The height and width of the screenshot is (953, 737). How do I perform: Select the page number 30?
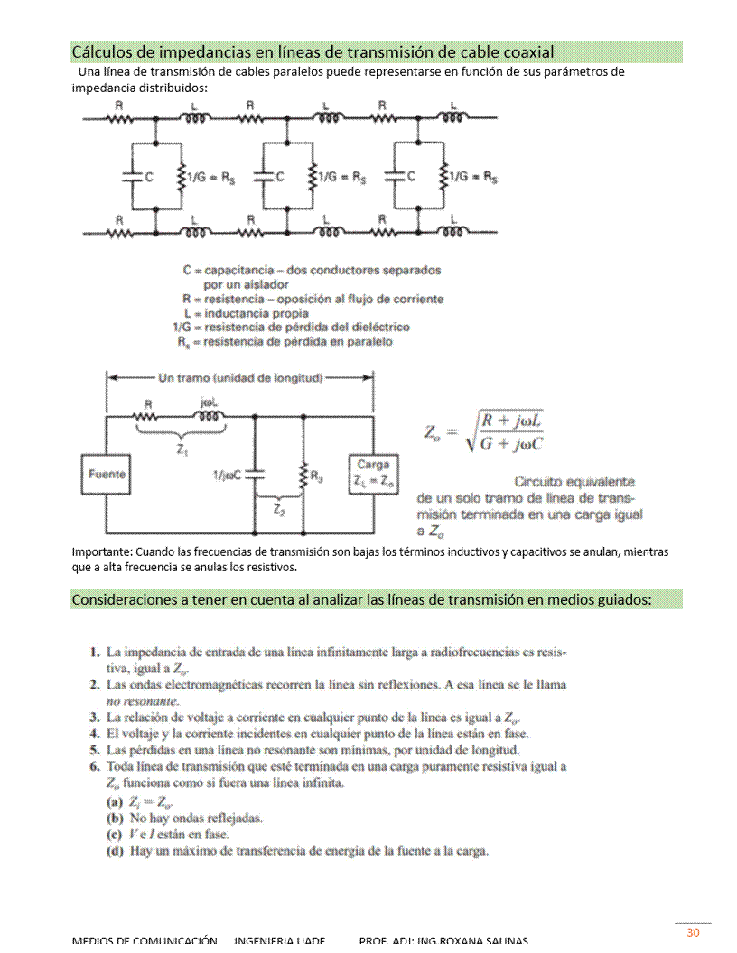(693, 932)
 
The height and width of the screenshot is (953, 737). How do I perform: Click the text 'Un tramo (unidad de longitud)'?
(240, 376)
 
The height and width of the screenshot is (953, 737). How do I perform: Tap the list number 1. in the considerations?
(94, 651)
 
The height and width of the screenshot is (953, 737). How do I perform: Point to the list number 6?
(94, 767)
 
